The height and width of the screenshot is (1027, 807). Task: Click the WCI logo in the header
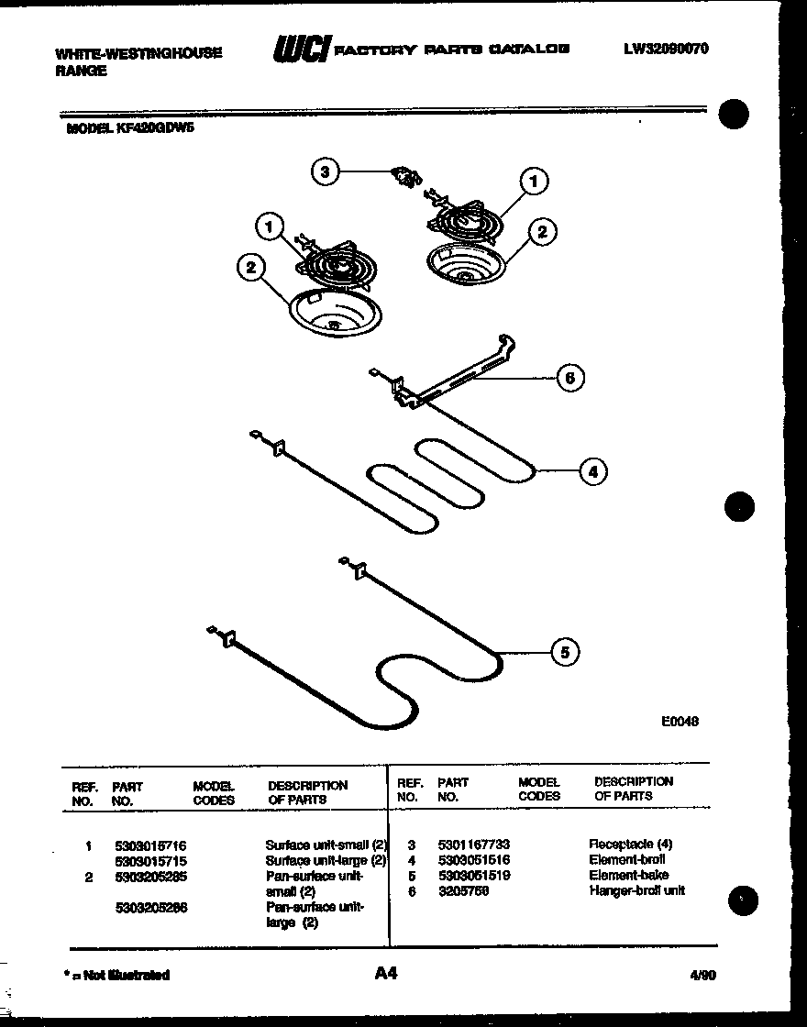pos(300,50)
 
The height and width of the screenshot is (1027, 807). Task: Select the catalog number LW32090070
pos(665,49)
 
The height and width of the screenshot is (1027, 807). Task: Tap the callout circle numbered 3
pos(325,171)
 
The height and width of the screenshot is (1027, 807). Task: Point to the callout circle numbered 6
pos(569,377)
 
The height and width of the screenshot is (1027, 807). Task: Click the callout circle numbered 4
pos(592,471)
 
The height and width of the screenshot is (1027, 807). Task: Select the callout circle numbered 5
pos(565,652)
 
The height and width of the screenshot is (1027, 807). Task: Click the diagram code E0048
pos(680,722)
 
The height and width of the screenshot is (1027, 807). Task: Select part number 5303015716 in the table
pos(150,845)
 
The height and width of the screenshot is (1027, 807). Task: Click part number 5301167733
pos(473,844)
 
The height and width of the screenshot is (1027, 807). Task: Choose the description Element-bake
pos(628,875)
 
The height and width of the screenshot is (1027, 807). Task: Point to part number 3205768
pos(461,890)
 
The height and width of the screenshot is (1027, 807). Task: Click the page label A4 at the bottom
pos(385,973)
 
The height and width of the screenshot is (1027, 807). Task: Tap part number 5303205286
pos(150,908)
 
